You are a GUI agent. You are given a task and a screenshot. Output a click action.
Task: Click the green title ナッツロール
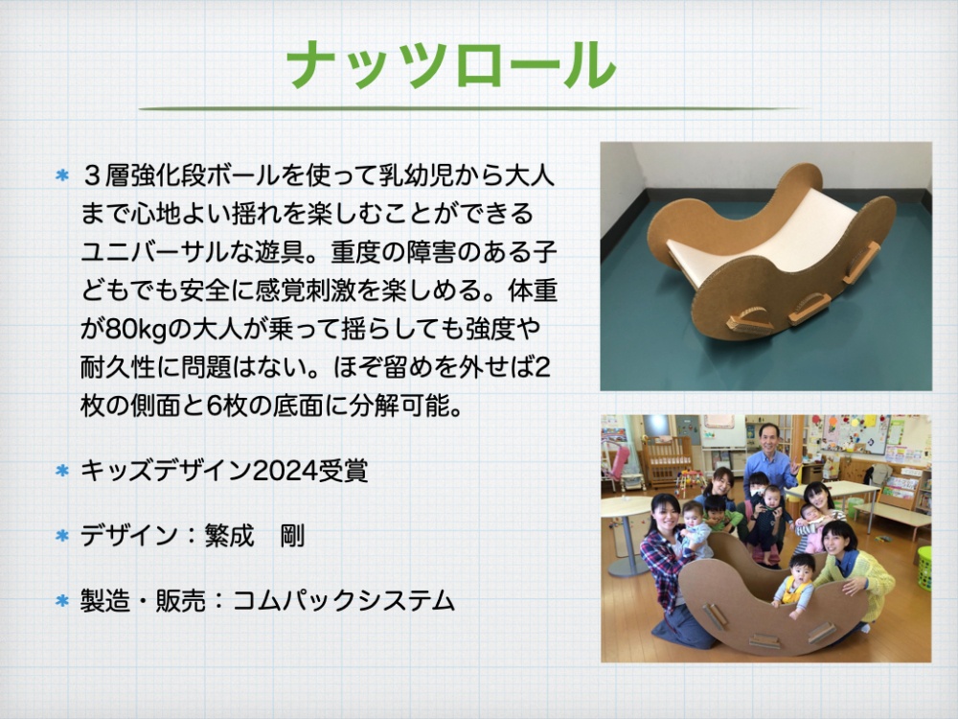click(451, 66)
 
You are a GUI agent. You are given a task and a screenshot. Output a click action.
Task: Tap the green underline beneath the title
click(470, 109)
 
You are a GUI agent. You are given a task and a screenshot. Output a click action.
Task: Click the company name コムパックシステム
click(344, 600)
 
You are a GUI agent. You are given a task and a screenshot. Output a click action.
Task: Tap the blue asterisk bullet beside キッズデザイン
click(61, 472)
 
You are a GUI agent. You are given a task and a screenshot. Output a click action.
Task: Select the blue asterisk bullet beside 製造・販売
click(61, 600)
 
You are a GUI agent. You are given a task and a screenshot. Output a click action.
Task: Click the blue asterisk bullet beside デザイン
click(61, 536)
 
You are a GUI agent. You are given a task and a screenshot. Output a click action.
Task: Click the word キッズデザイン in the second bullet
click(166, 472)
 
